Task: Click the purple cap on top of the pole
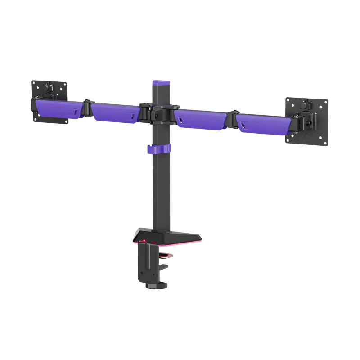point(161,84)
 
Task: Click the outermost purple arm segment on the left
point(56,109)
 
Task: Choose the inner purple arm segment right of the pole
point(200,119)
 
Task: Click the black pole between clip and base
point(161,193)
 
